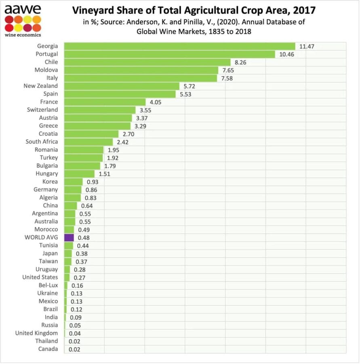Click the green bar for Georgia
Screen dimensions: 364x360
point(179,46)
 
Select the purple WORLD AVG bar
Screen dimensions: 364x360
point(69,237)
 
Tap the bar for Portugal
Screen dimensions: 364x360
point(169,54)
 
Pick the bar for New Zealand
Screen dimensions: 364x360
point(121,86)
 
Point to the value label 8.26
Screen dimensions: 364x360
point(241,62)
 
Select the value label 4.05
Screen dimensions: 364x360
point(155,102)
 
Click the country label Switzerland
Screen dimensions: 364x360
point(42,110)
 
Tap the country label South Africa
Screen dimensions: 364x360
point(42,142)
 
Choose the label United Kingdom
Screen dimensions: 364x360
point(36,333)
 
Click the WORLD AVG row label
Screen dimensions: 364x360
point(41,237)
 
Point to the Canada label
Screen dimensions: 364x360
point(48,349)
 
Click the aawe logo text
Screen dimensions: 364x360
point(23,9)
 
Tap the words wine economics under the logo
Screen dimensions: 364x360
point(23,35)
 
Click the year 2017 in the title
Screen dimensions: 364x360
point(303,10)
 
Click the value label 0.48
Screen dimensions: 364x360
point(83,238)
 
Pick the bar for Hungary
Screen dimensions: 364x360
point(79,174)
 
